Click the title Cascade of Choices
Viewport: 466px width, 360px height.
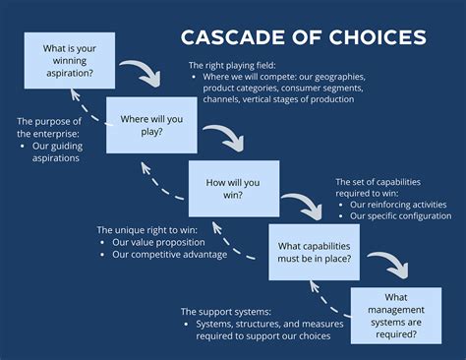[x=303, y=37]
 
